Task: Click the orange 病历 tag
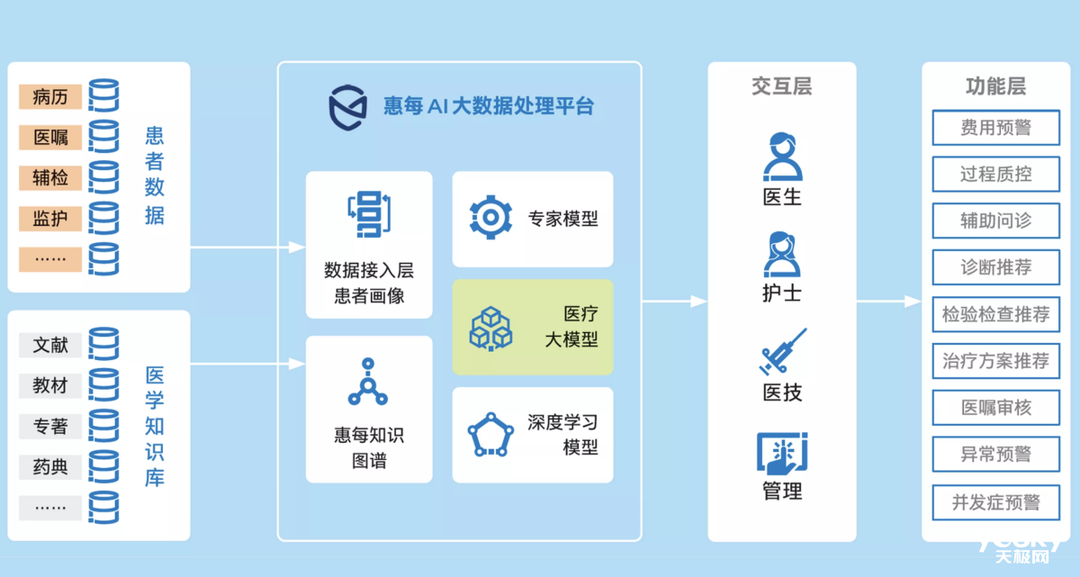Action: click(50, 96)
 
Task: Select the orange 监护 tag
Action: click(50, 218)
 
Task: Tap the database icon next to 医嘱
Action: click(104, 137)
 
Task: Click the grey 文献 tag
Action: click(50, 345)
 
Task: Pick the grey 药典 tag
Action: click(50, 466)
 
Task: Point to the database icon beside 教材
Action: click(104, 385)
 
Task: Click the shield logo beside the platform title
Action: click(347, 105)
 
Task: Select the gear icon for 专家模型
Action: click(490, 217)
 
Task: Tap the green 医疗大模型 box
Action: click(532, 327)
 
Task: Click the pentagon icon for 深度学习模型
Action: click(490, 434)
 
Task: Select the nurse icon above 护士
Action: click(781, 254)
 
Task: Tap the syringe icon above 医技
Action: click(781, 352)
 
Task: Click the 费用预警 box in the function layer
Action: click(995, 128)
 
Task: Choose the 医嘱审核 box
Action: click(995, 408)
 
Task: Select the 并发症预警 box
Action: click(995, 501)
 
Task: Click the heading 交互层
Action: click(781, 86)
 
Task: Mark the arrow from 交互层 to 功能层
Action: click(888, 301)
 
